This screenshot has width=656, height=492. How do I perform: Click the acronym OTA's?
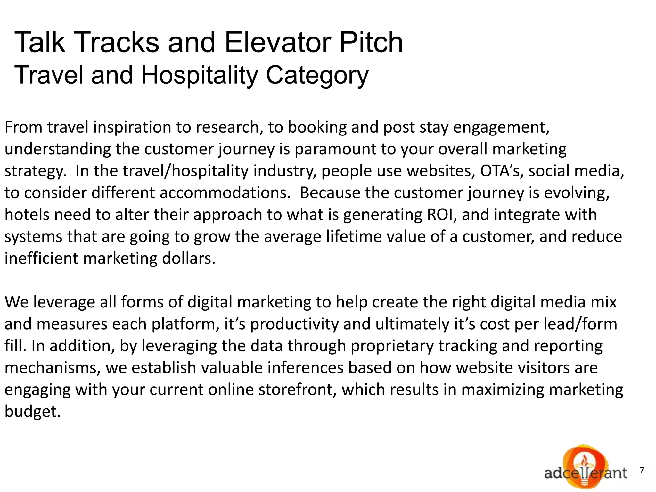pos(502,171)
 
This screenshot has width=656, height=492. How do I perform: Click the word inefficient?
pos(41,258)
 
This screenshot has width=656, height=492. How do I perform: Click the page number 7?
pos(642,470)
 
